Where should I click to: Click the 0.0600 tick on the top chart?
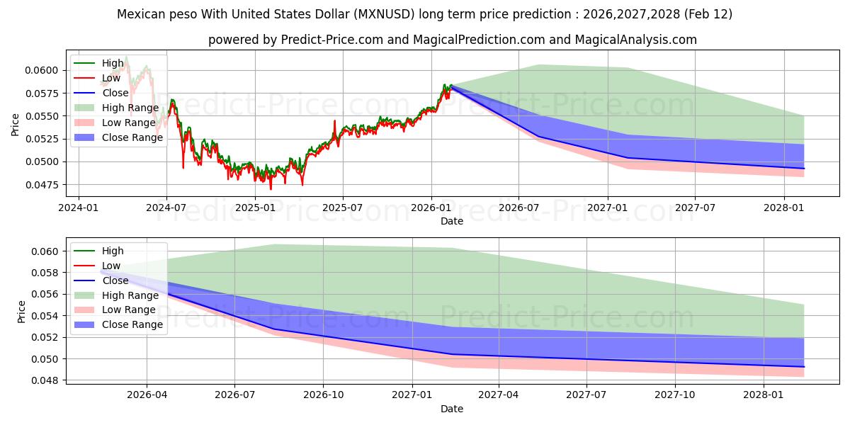coord(44,69)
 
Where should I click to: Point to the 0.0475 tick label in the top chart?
coord(44,185)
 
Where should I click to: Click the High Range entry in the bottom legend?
coord(130,295)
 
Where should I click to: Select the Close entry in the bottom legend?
coord(115,280)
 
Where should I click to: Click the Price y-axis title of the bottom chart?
coord(21,312)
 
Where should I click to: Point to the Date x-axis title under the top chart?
coord(452,221)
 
